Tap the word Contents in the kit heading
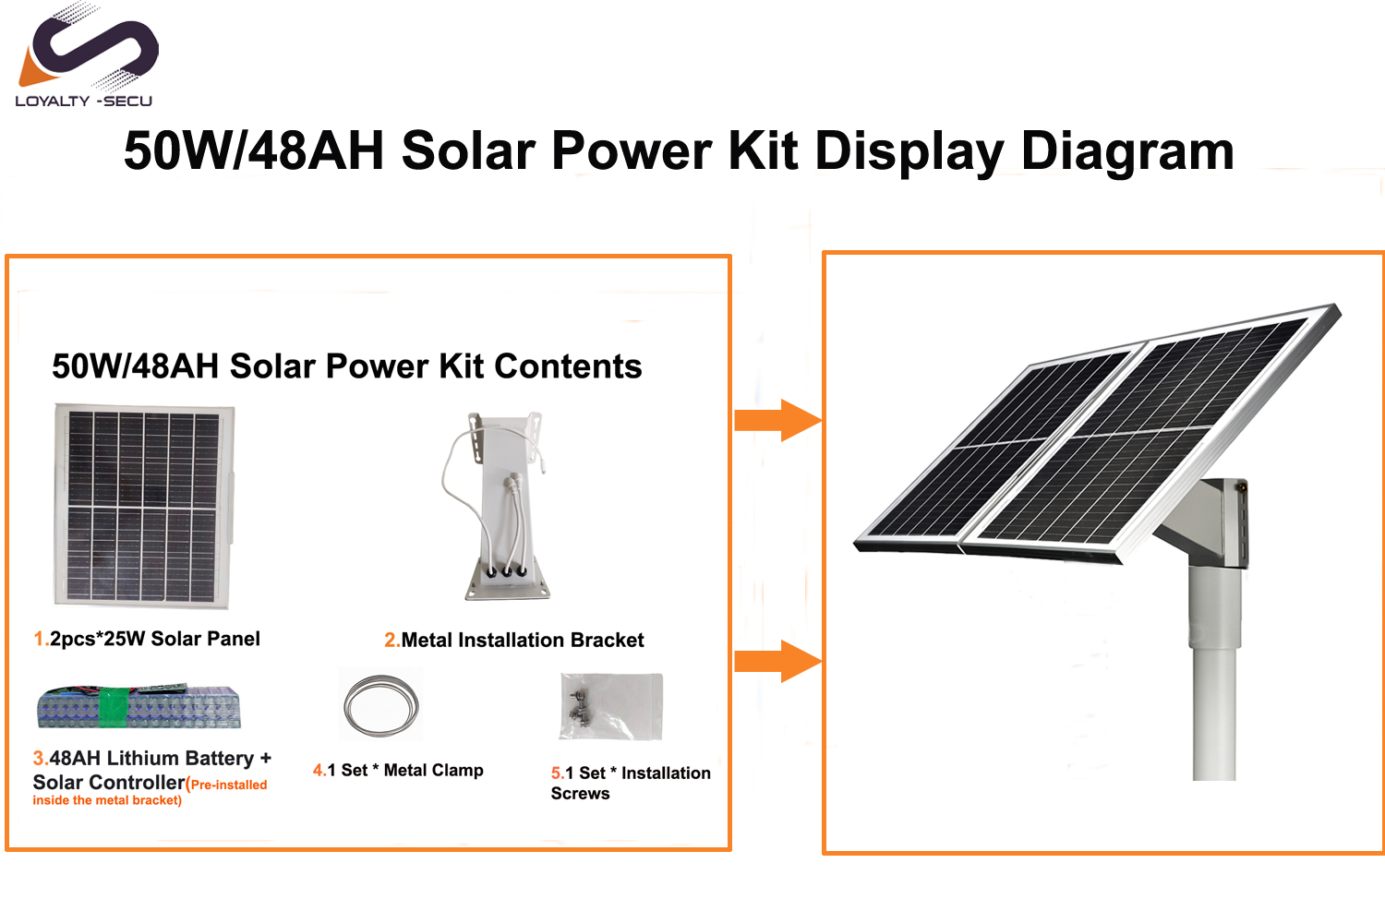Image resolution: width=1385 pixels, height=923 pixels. pos(567,366)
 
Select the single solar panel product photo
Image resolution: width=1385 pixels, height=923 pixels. pos(143,505)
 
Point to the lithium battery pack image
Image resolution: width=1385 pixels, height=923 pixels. pos(138,707)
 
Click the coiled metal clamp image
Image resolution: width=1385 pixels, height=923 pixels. pos(380,705)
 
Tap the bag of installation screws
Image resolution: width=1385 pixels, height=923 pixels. pos(610,706)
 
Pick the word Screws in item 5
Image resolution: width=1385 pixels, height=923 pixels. pos(580,794)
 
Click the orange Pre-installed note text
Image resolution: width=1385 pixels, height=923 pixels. pos(227,785)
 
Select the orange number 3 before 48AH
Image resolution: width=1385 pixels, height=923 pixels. pos(39,759)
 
